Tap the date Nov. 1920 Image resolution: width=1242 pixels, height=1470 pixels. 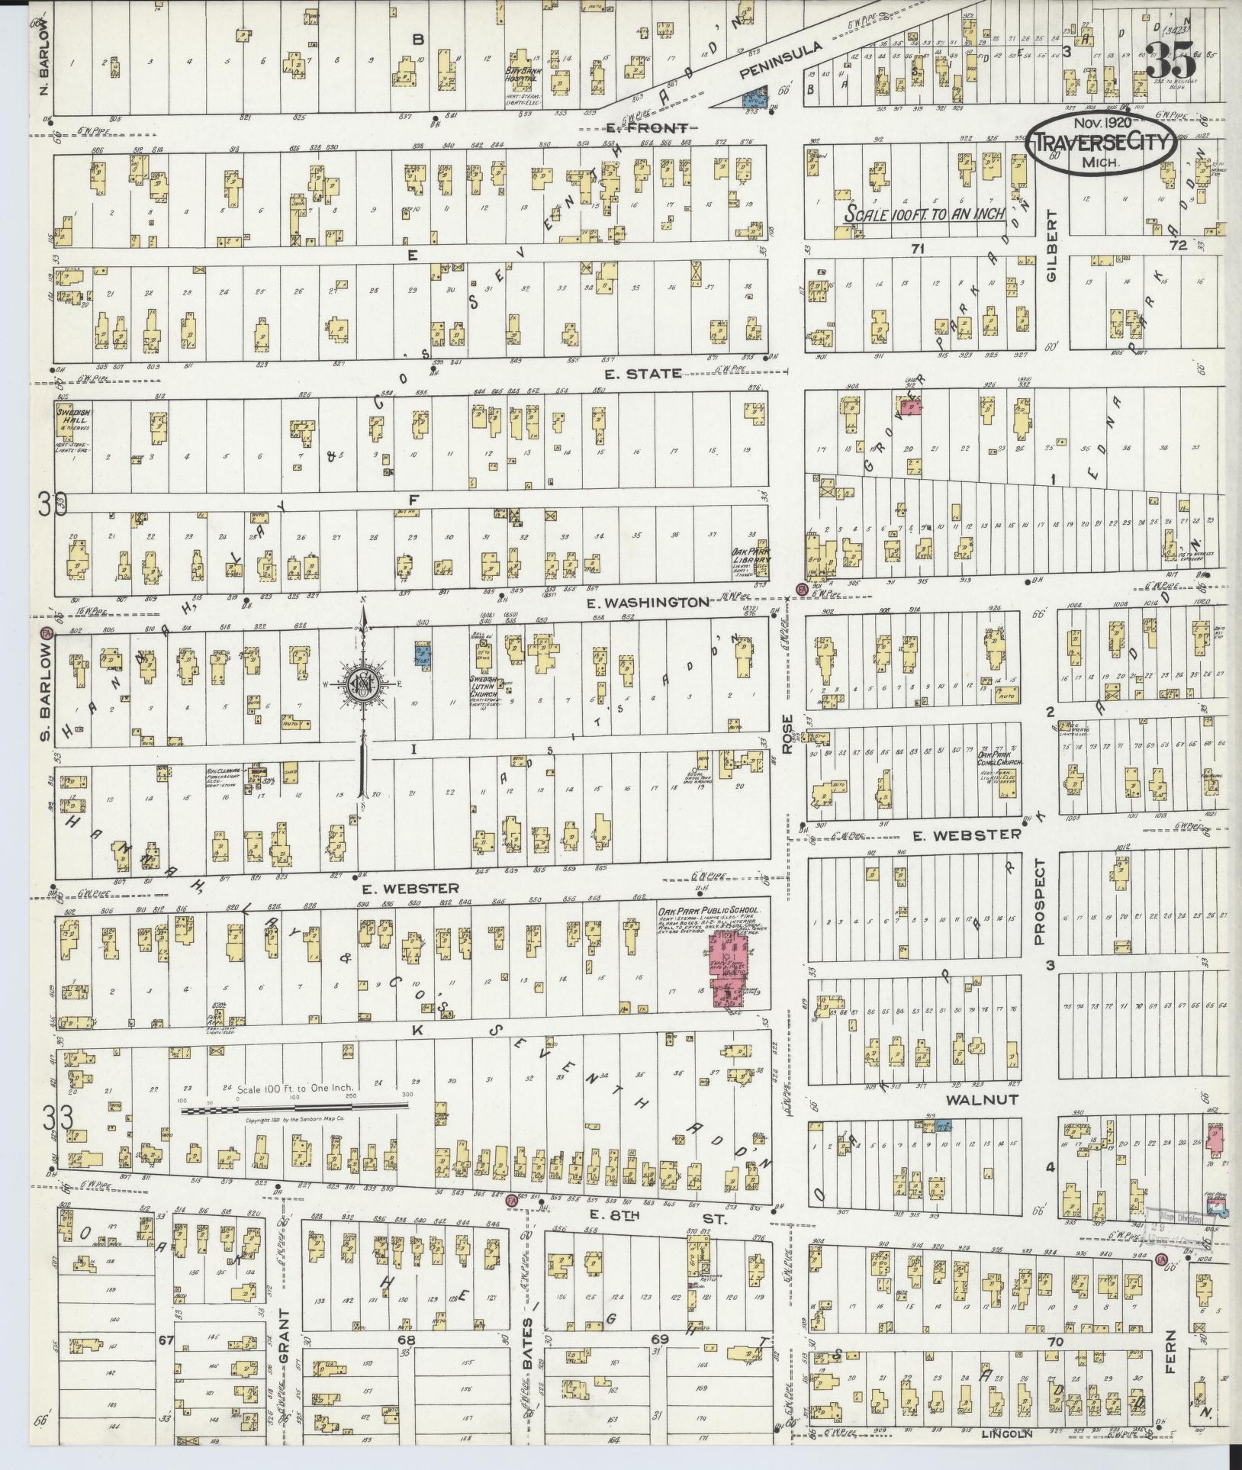click(x=1103, y=122)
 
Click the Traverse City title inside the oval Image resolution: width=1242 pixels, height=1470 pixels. click(x=1101, y=142)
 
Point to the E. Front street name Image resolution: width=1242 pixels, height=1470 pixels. click(x=645, y=127)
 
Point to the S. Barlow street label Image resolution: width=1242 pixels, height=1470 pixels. click(x=44, y=691)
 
